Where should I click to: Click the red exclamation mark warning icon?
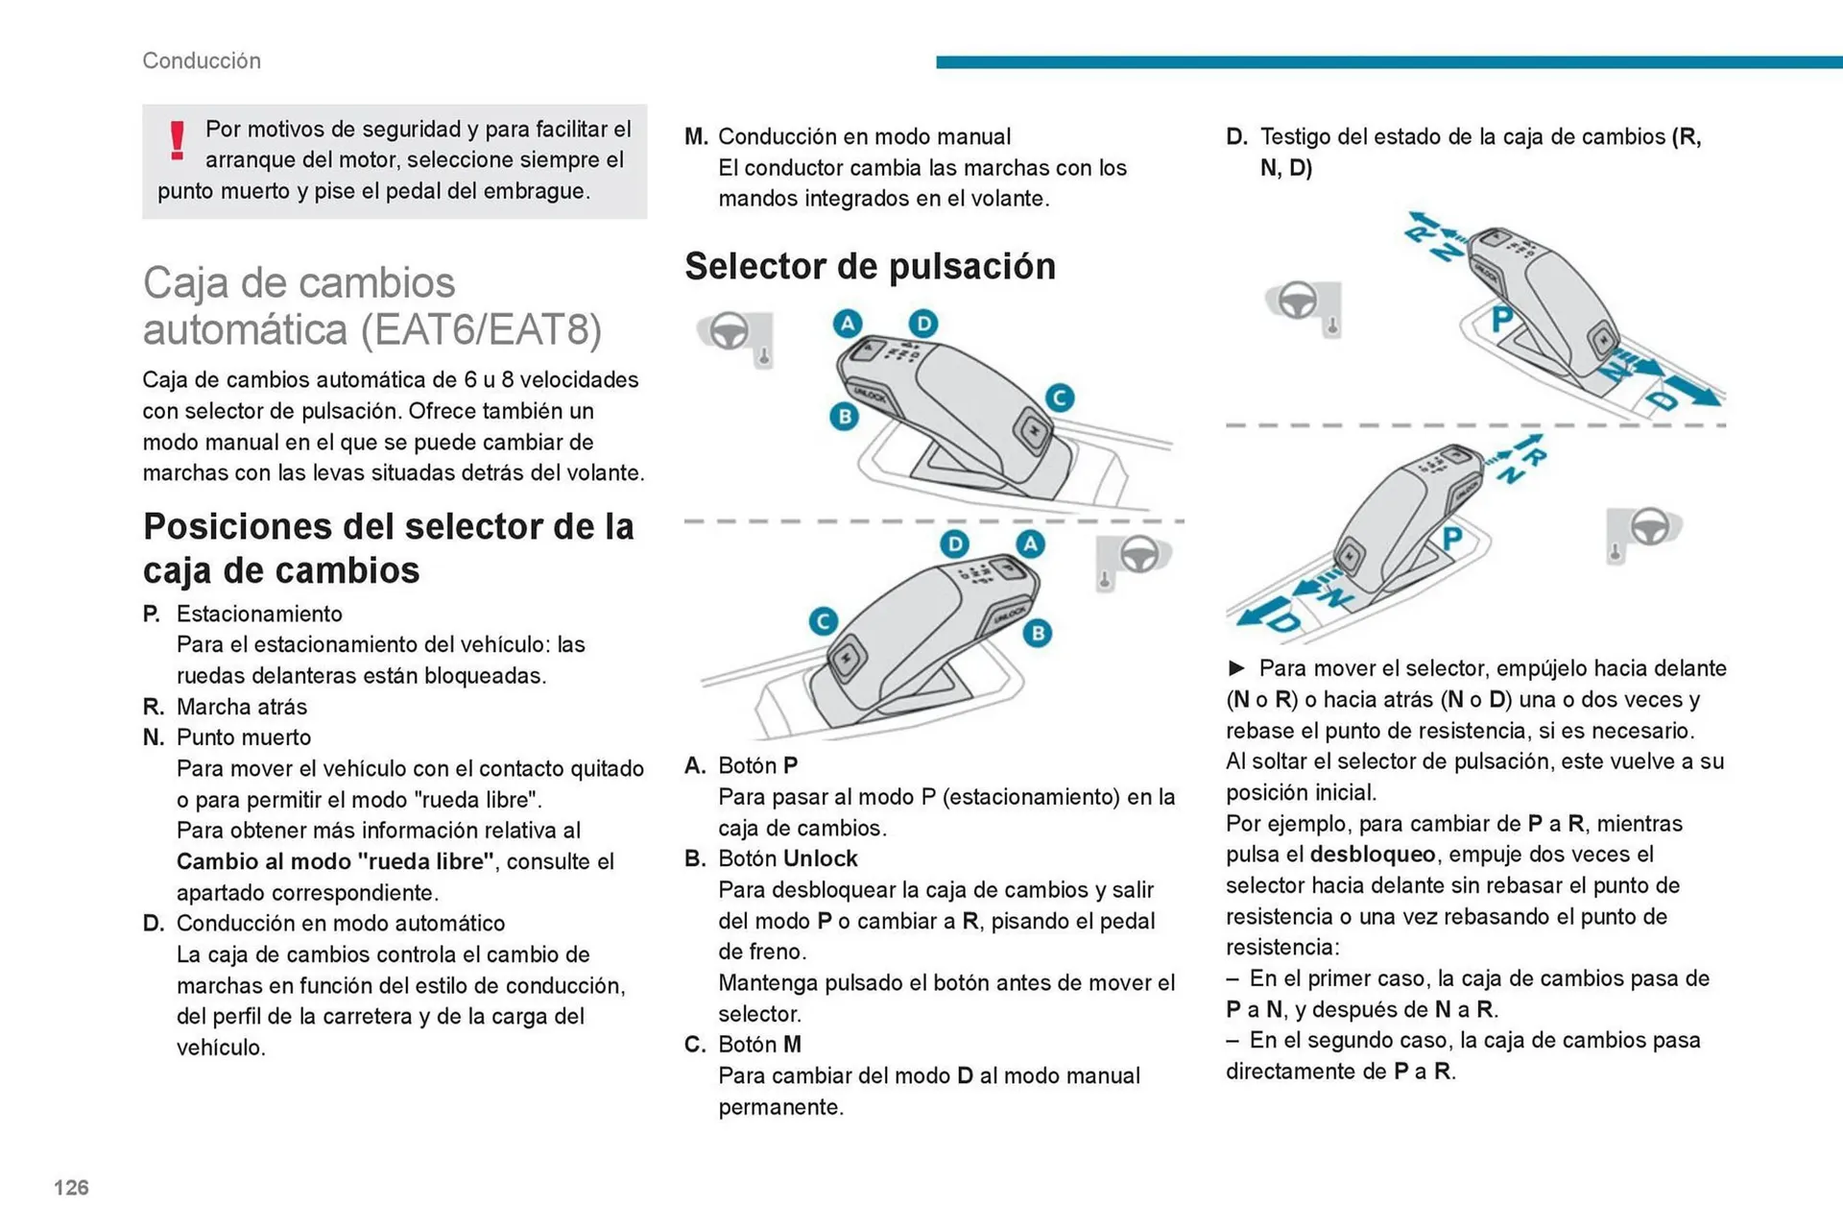(178, 140)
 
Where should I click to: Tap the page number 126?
(71, 1188)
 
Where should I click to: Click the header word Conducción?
(202, 60)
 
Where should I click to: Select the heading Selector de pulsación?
(870, 266)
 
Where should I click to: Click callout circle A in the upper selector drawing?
(847, 324)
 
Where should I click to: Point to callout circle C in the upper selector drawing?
(1059, 398)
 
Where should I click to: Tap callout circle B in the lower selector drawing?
(1037, 634)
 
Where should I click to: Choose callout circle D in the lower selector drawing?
(954, 544)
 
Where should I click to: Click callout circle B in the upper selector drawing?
(844, 417)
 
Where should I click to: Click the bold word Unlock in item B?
(821, 858)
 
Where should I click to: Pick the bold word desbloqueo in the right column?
(1373, 855)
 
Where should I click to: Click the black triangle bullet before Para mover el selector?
(1237, 668)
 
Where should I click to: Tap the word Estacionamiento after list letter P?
(259, 614)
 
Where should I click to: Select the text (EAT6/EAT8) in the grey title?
(482, 329)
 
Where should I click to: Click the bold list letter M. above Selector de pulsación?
(696, 136)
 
